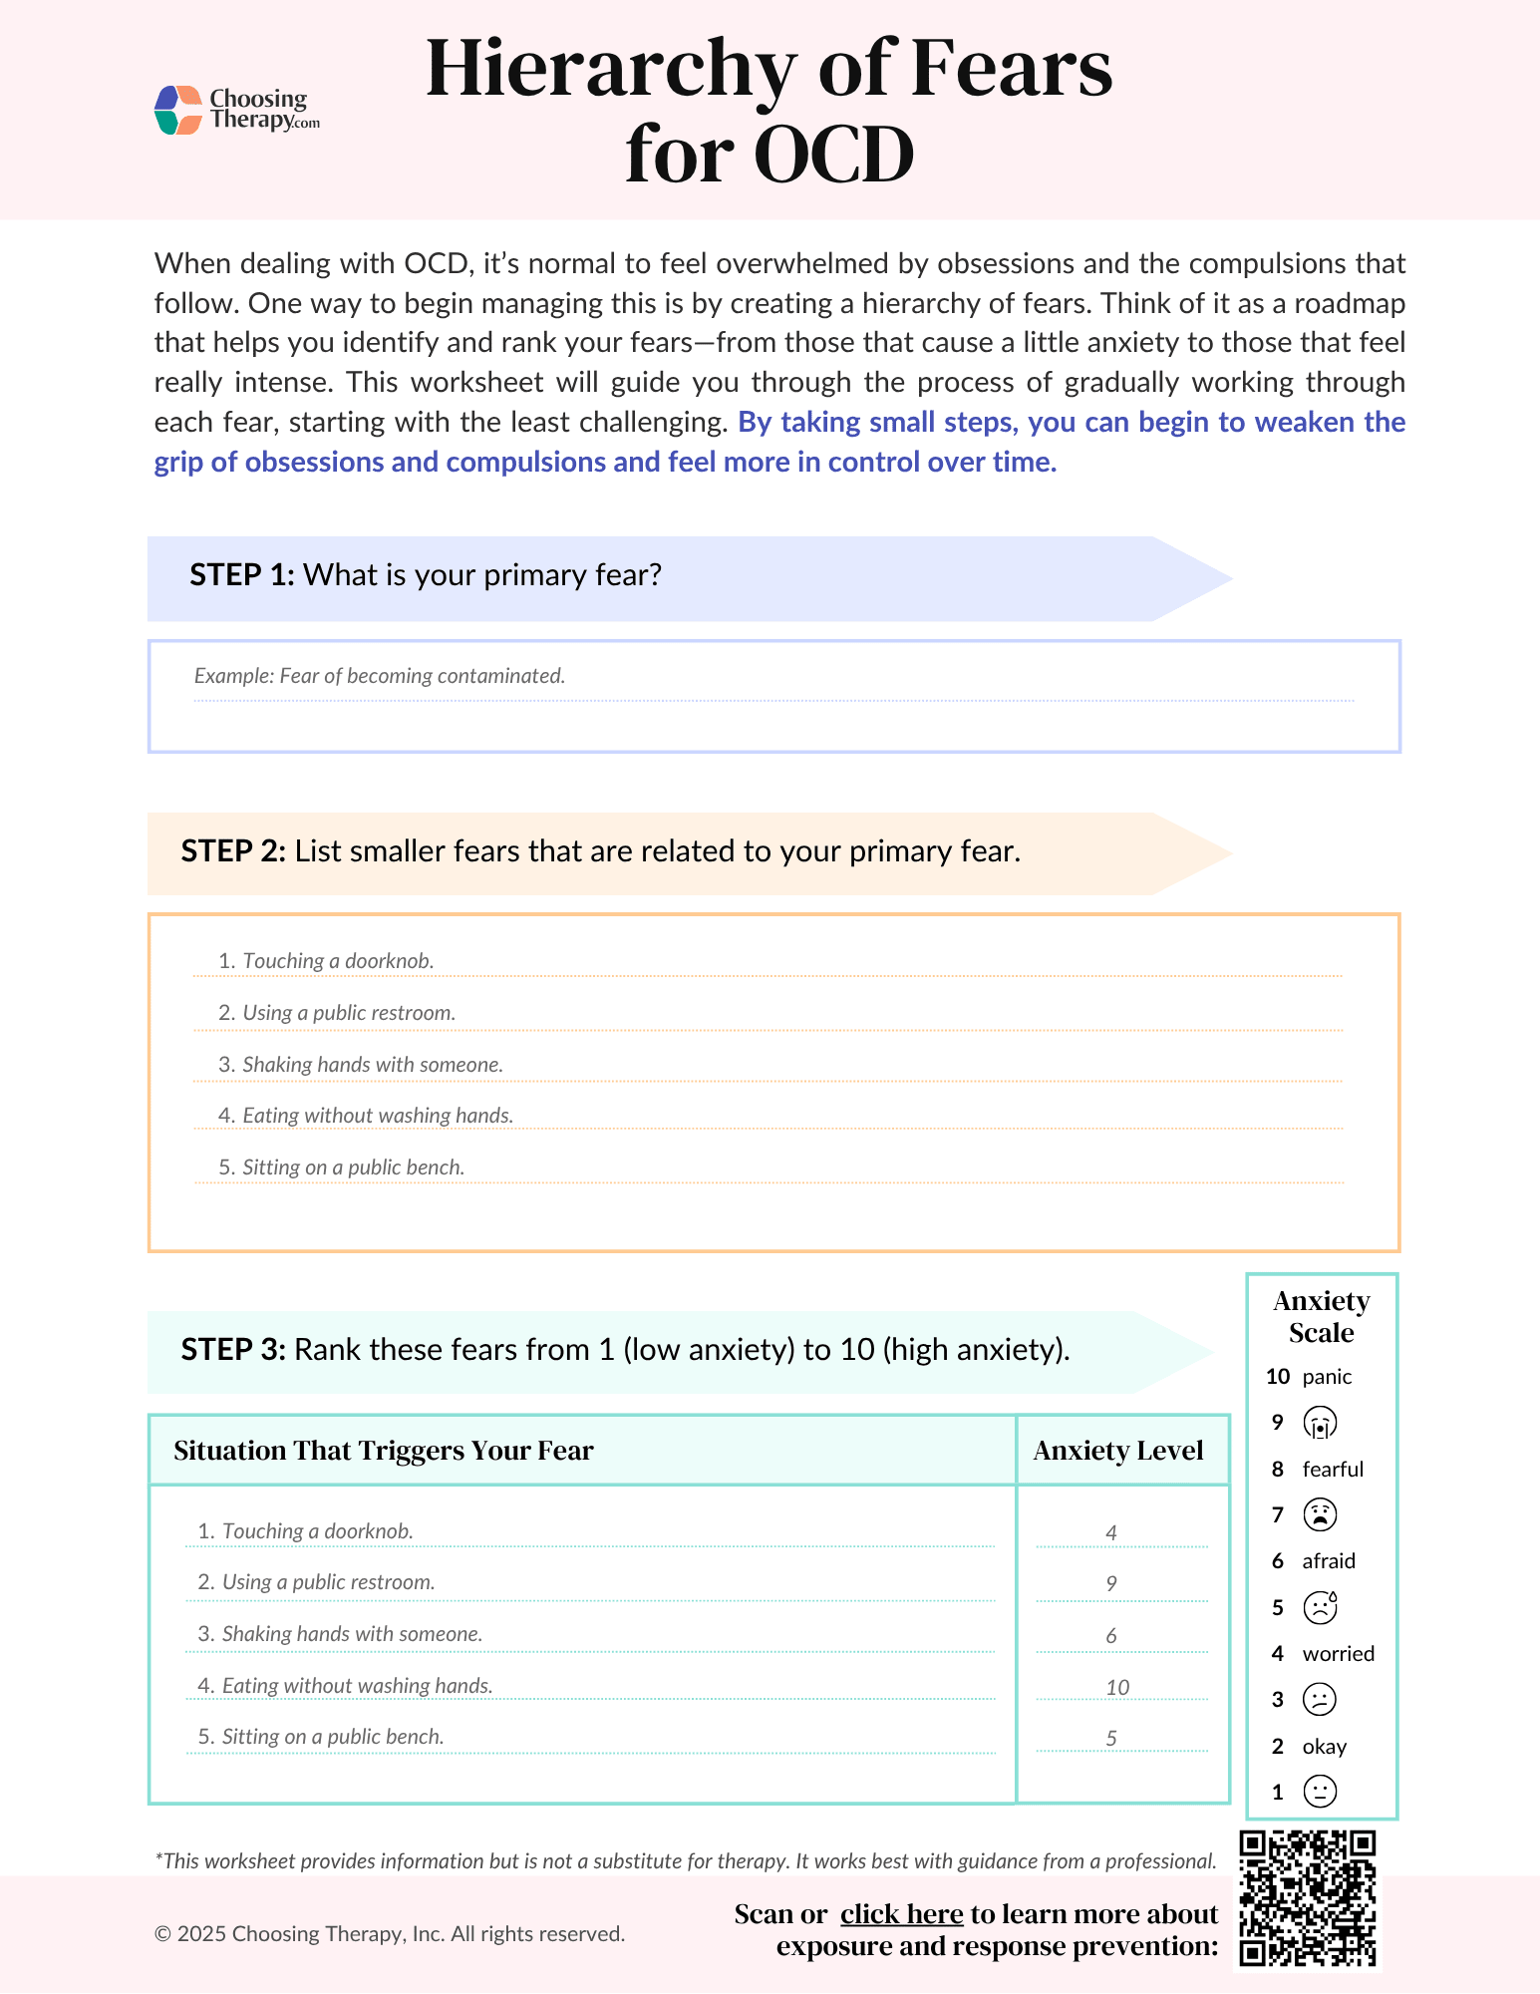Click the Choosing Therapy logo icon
coord(178,110)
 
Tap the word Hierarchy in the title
coord(610,70)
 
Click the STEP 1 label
coord(241,575)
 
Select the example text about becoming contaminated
coord(379,676)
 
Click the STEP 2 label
coord(233,851)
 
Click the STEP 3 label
coord(233,1350)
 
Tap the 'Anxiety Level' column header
coord(1117,1451)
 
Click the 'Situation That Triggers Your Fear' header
coord(383,1451)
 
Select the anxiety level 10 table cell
coord(1117,1688)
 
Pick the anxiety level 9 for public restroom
coord(1111,1584)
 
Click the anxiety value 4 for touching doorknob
coord(1111,1532)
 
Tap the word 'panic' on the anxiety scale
coord(1327,1377)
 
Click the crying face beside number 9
coord(1320,1423)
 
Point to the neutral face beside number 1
coord(1320,1792)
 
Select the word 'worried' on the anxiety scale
coord(1338,1654)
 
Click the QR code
coord(1307,1898)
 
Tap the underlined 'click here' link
coord(901,1914)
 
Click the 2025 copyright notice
coord(389,1934)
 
